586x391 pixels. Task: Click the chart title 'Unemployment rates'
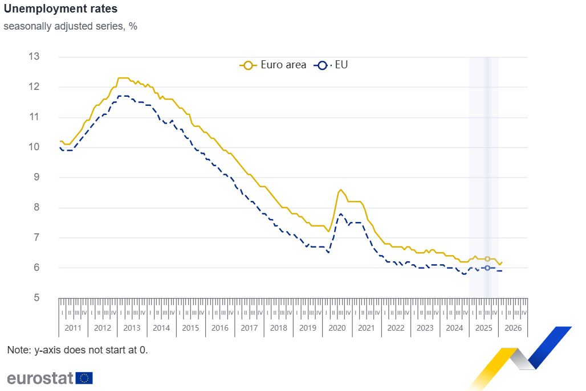coord(60,9)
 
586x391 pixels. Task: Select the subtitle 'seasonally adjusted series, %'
coord(70,26)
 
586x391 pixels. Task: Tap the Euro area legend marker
coord(248,65)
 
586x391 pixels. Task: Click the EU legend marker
coord(322,65)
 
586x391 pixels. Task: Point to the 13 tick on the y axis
coord(34,56)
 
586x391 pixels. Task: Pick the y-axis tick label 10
coord(34,147)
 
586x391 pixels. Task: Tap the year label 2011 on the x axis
coord(74,328)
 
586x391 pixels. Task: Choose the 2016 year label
coord(220,328)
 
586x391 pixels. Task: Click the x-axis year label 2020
coord(337,328)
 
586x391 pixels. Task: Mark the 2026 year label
coord(513,328)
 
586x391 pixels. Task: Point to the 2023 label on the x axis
coord(425,328)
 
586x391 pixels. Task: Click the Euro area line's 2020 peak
coord(340,190)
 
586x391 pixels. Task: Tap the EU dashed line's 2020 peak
coord(341,213)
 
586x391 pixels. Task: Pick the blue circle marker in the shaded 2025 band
coord(487,267)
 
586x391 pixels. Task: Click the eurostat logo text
coord(40,378)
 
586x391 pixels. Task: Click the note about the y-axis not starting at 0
coord(78,350)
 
